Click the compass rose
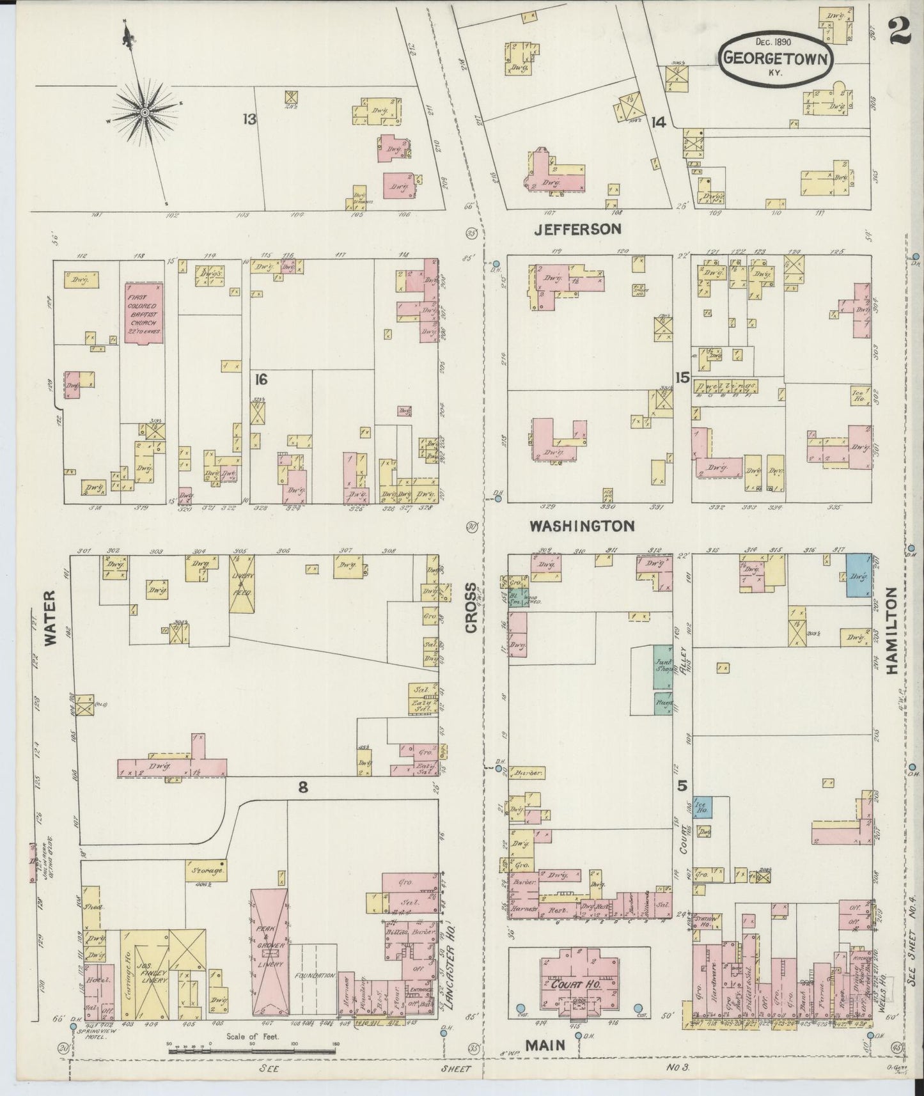coord(145,113)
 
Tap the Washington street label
coord(581,526)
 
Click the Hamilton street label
coord(893,632)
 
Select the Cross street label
coord(471,608)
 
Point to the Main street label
coord(545,1045)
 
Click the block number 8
coord(302,788)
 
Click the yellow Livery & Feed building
coord(242,584)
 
